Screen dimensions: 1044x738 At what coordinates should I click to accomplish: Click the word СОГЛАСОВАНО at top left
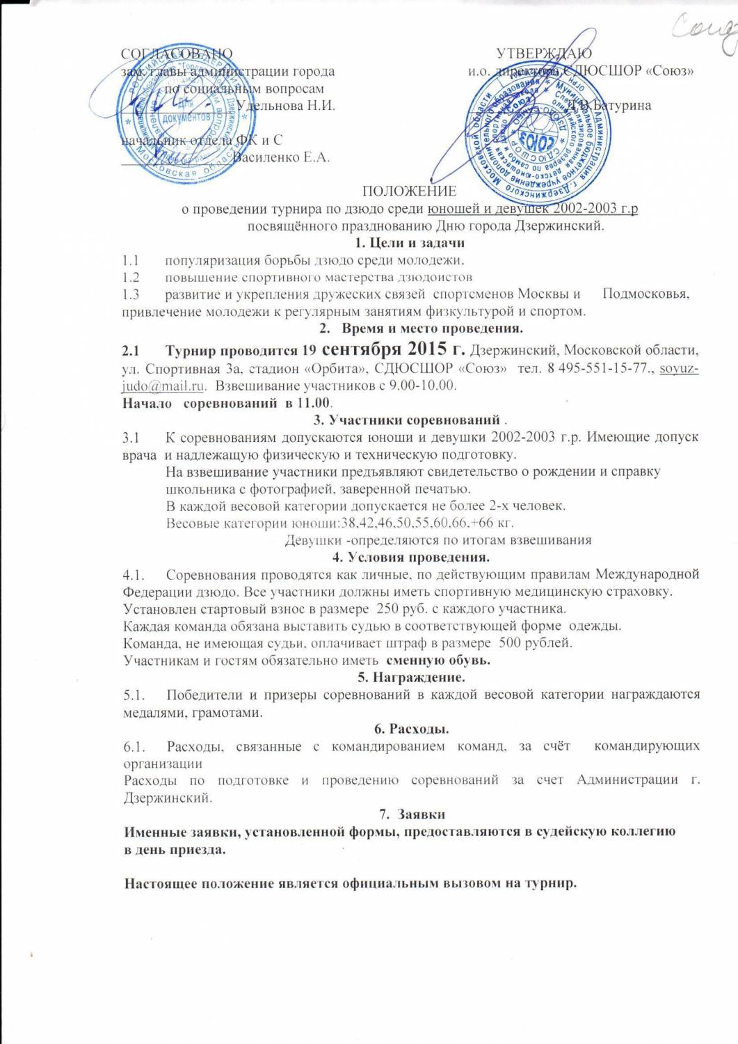pyautogui.click(x=177, y=54)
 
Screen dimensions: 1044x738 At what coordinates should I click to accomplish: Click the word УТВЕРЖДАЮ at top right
pyautogui.click(x=544, y=54)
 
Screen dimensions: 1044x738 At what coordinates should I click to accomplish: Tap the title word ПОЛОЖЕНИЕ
pyautogui.click(x=409, y=191)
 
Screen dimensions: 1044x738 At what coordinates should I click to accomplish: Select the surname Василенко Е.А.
pyautogui.click(x=280, y=157)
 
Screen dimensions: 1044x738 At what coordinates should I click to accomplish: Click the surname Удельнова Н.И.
pyautogui.click(x=286, y=106)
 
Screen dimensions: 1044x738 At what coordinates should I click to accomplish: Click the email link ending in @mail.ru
pyautogui.click(x=163, y=385)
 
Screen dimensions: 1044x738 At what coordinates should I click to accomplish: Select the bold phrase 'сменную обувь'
pyautogui.click(x=438, y=659)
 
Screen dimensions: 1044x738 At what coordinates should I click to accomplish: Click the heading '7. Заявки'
pyautogui.click(x=412, y=814)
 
